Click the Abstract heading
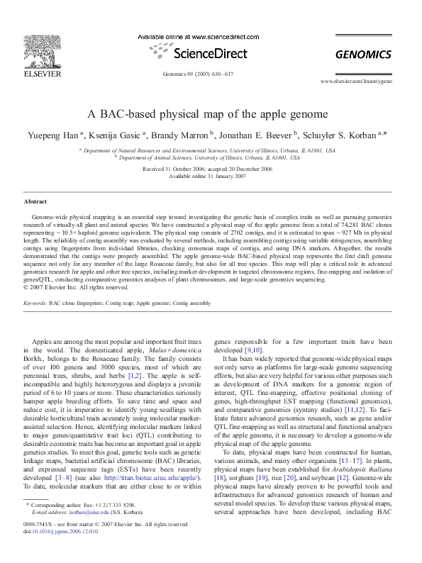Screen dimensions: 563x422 tap(35, 201)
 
